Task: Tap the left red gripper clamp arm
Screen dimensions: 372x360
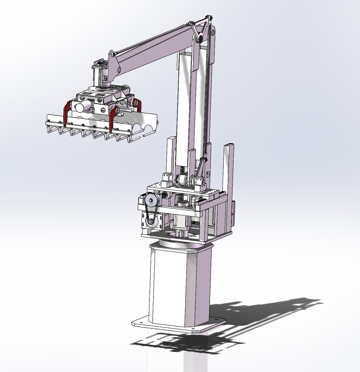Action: click(66, 112)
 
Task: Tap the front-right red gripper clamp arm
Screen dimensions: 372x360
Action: click(113, 119)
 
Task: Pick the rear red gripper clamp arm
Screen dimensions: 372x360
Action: click(138, 105)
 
